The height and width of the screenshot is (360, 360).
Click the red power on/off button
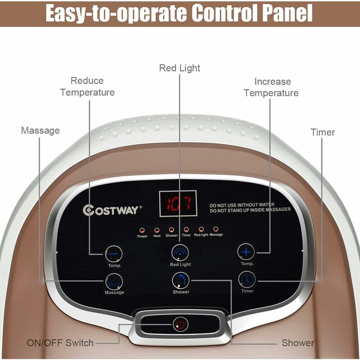coord(180,324)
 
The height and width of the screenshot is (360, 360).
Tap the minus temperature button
coord(114,254)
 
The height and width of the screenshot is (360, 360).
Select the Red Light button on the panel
coord(180,253)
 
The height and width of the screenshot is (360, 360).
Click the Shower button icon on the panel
coord(180,281)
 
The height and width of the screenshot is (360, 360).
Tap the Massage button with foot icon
coord(114,282)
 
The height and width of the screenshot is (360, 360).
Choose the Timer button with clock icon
coord(247,280)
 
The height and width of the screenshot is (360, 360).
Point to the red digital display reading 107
coord(177,204)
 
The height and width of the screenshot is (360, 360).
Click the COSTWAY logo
coord(112,210)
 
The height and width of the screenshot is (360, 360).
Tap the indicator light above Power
coord(142,230)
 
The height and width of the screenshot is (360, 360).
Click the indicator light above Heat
coord(157,230)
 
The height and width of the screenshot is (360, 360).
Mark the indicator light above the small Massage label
coord(216,229)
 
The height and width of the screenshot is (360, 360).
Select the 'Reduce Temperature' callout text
coord(87,86)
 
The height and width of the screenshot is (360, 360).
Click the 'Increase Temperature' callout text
coord(271,87)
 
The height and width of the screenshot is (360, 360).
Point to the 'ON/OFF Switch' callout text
coord(60,343)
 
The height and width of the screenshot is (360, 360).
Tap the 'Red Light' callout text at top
coord(180,68)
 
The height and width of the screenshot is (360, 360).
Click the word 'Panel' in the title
coord(285,13)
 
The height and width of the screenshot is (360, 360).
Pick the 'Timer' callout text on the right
coord(323,132)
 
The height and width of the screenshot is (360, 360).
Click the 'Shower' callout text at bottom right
coord(298,343)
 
